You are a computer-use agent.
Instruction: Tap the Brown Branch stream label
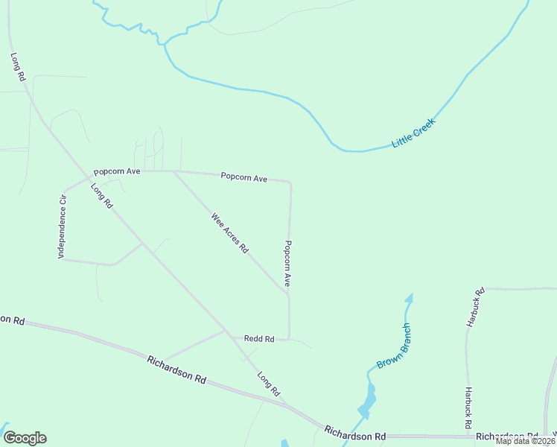[x=394, y=346]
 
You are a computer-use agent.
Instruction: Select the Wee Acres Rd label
[x=229, y=233]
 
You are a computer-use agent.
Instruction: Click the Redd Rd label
[x=259, y=339]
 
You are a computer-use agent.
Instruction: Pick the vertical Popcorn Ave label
[x=287, y=264]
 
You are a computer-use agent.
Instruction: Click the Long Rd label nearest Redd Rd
[x=268, y=383]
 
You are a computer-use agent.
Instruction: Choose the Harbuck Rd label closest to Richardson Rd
[x=468, y=407]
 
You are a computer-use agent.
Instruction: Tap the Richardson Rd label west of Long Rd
[x=176, y=369]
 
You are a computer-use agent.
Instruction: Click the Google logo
[x=25, y=438]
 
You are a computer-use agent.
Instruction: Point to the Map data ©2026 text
[x=526, y=441]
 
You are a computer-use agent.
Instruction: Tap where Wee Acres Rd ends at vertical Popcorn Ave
[x=287, y=293]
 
